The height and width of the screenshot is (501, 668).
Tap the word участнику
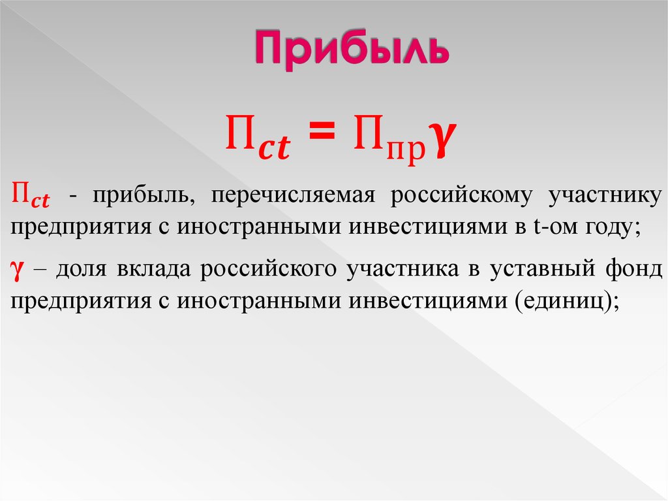point(605,196)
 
